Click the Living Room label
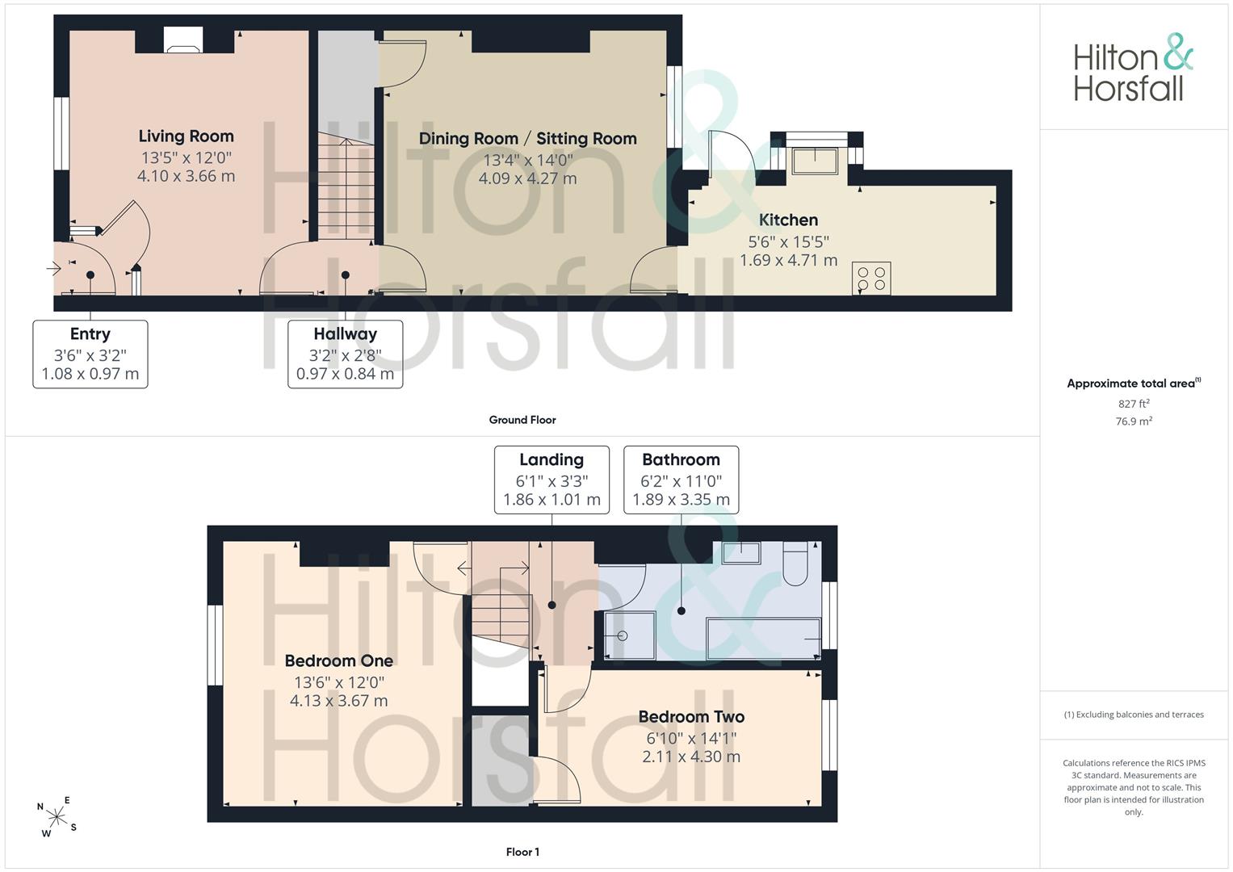pos(186,136)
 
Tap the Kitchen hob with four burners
pos(871,278)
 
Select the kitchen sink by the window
pos(815,161)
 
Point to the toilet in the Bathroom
pos(795,564)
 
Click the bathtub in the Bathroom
pos(764,639)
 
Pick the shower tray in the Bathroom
pos(630,635)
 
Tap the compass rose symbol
pos(57,817)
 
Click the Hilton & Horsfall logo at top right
pos(1134,68)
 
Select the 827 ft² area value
pos(1134,404)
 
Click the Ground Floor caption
pos(522,420)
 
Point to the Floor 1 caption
pos(522,852)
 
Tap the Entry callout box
pos(90,354)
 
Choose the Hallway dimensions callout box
pos(345,354)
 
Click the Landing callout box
pos(551,480)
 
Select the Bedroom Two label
pos(691,717)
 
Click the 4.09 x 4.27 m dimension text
pos(528,178)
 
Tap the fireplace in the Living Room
pos(184,40)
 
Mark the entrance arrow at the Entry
pos(53,269)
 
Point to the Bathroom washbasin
pos(741,552)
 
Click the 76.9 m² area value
pos(1134,421)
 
